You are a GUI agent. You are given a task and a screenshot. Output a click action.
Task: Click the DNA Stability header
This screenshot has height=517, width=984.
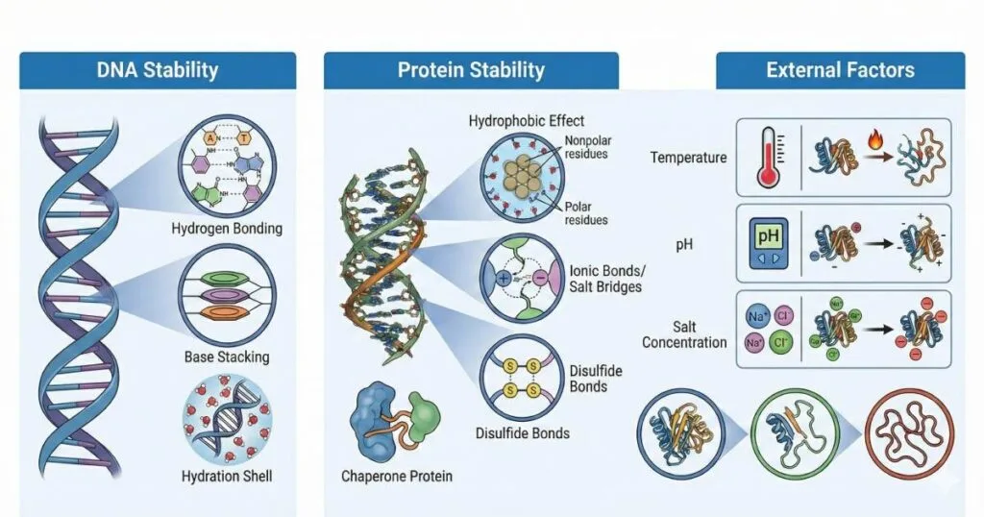[x=158, y=70]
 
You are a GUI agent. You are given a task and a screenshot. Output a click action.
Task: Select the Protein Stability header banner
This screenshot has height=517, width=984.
[x=471, y=70]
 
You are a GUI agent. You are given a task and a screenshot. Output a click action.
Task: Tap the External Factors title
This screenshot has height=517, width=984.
[x=840, y=70]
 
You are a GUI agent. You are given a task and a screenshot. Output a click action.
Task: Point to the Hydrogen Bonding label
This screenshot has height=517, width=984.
[x=226, y=229]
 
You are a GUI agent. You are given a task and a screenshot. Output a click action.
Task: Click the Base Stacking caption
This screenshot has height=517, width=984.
[x=227, y=357]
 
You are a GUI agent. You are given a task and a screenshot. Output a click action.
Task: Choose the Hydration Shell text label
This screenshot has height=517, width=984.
[x=227, y=476]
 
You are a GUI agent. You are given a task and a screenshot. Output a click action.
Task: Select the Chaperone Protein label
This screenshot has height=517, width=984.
[x=396, y=476]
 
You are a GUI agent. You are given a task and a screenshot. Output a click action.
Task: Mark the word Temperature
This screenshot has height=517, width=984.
[x=688, y=157]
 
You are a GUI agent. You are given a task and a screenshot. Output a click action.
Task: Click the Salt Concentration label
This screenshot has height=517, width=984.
[x=684, y=334]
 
